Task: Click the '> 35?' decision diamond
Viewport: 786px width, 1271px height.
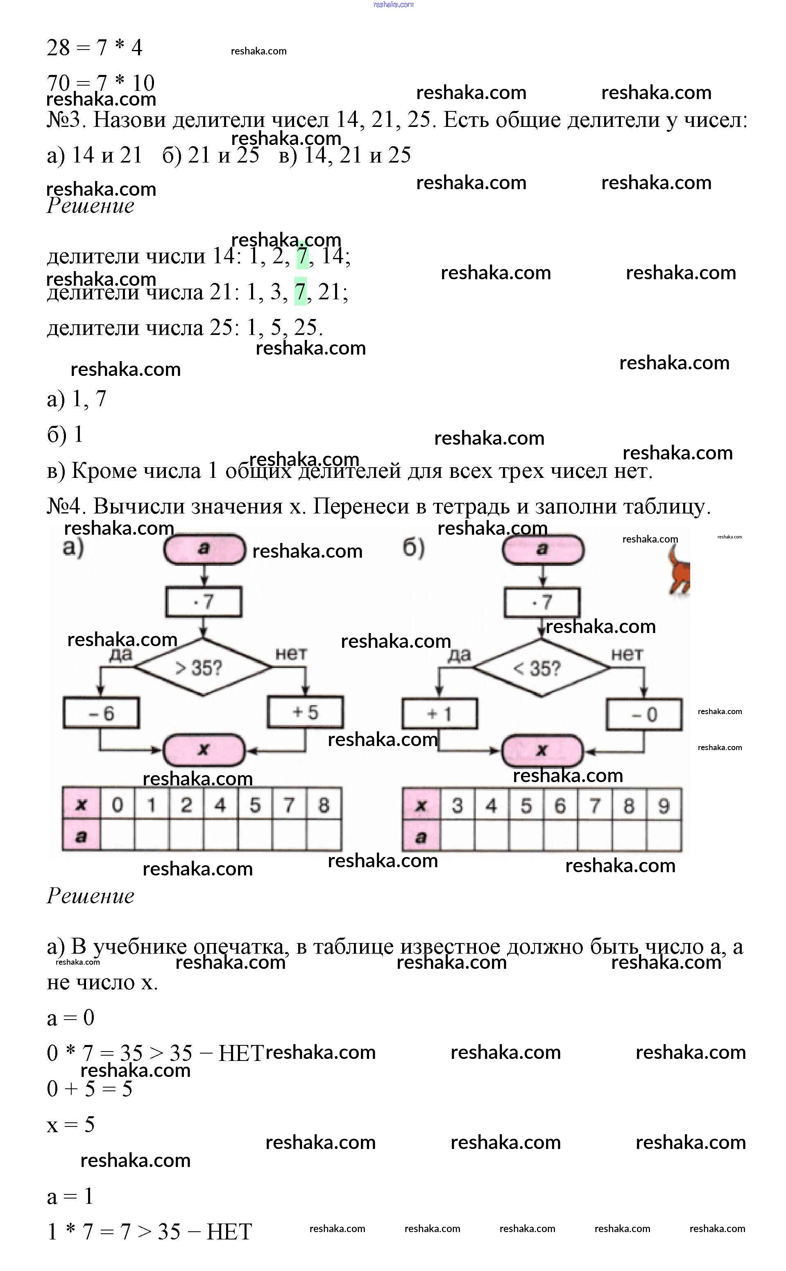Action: [x=203, y=667]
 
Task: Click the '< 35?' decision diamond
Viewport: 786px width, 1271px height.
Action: [x=541, y=668]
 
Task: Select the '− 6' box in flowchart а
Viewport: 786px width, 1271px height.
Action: [x=101, y=713]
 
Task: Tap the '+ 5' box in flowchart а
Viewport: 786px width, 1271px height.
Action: [x=306, y=712]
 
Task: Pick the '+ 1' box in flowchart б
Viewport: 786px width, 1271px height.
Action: [x=439, y=714]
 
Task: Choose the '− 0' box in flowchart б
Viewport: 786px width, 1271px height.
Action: [x=644, y=715]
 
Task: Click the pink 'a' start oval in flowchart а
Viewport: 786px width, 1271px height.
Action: [x=204, y=549]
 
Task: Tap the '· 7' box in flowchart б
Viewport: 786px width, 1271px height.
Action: [x=541, y=602]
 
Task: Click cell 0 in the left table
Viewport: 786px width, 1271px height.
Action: [x=118, y=805]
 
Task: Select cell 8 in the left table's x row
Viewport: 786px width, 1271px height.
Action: [x=324, y=805]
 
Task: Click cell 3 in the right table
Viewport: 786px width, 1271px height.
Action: [x=458, y=806]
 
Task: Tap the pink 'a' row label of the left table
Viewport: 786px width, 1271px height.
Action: [x=81, y=836]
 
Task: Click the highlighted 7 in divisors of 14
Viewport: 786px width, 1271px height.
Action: [x=302, y=256]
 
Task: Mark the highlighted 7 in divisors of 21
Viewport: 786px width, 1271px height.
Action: [x=300, y=292]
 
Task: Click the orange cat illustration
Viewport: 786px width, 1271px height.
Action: [x=680, y=573]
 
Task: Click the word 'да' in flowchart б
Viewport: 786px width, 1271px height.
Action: [x=459, y=655]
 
